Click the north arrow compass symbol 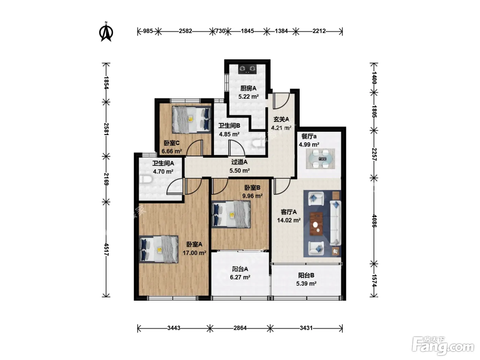click(x=106, y=32)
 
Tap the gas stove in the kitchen click(x=247, y=69)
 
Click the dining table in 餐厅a click(x=320, y=159)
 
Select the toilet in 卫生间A click(x=146, y=179)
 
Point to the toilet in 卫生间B click(x=258, y=143)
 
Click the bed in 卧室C click(x=192, y=120)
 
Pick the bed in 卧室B click(x=231, y=214)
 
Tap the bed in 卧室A click(x=158, y=249)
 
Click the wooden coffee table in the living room click(x=316, y=224)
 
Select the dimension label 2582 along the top click(x=185, y=31)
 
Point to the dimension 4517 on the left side click(x=106, y=249)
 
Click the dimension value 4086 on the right click(x=374, y=221)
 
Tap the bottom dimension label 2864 click(x=240, y=328)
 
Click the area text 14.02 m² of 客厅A click(x=289, y=220)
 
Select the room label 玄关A click(x=281, y=119)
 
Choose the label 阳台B click(x=306, y=275)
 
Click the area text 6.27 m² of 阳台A click(x=240, y=277)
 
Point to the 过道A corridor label click(x=239, y=162)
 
